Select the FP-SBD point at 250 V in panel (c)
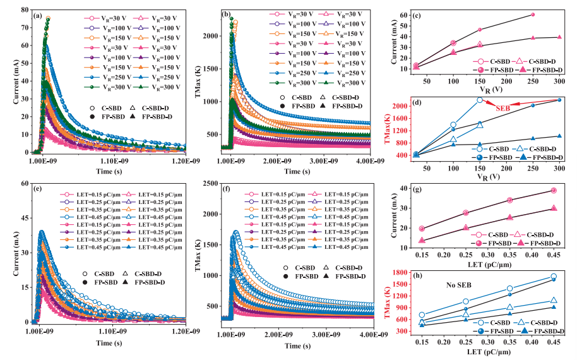click(533, 15)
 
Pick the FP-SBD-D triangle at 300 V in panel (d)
click(559, 136)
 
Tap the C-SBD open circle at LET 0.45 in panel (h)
click(554, 277)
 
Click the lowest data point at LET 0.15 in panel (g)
click(422, 241)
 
